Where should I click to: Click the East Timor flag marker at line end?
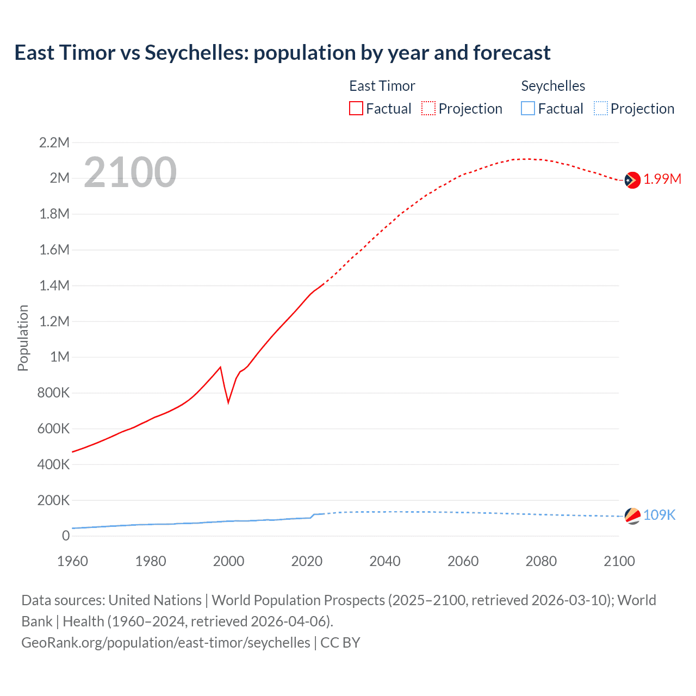click(632, 179)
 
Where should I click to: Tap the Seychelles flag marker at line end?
click(632, 515)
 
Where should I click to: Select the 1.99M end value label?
click(662, 179)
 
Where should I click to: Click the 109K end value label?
click(659, 515)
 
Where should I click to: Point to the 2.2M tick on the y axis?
click(54, 143)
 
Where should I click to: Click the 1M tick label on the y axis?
click(60, 357)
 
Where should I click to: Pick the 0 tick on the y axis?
click(66, 536)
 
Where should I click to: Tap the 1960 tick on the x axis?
click(72, 561)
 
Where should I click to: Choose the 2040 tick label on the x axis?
click(385, 561)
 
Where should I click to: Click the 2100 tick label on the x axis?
click(619, 561)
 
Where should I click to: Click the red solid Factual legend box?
click(356, 109)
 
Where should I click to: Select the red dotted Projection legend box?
click(428, 109)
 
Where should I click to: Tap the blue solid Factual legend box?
click(528, 109)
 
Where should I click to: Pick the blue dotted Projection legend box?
click(600, 109)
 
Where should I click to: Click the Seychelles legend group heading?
click(553, 86)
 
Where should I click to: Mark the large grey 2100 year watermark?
click(130, 172)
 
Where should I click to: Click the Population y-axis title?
click(23, 338)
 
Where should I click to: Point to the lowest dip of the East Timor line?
click(228, 402)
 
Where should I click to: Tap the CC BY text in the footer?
click(340, 643)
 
